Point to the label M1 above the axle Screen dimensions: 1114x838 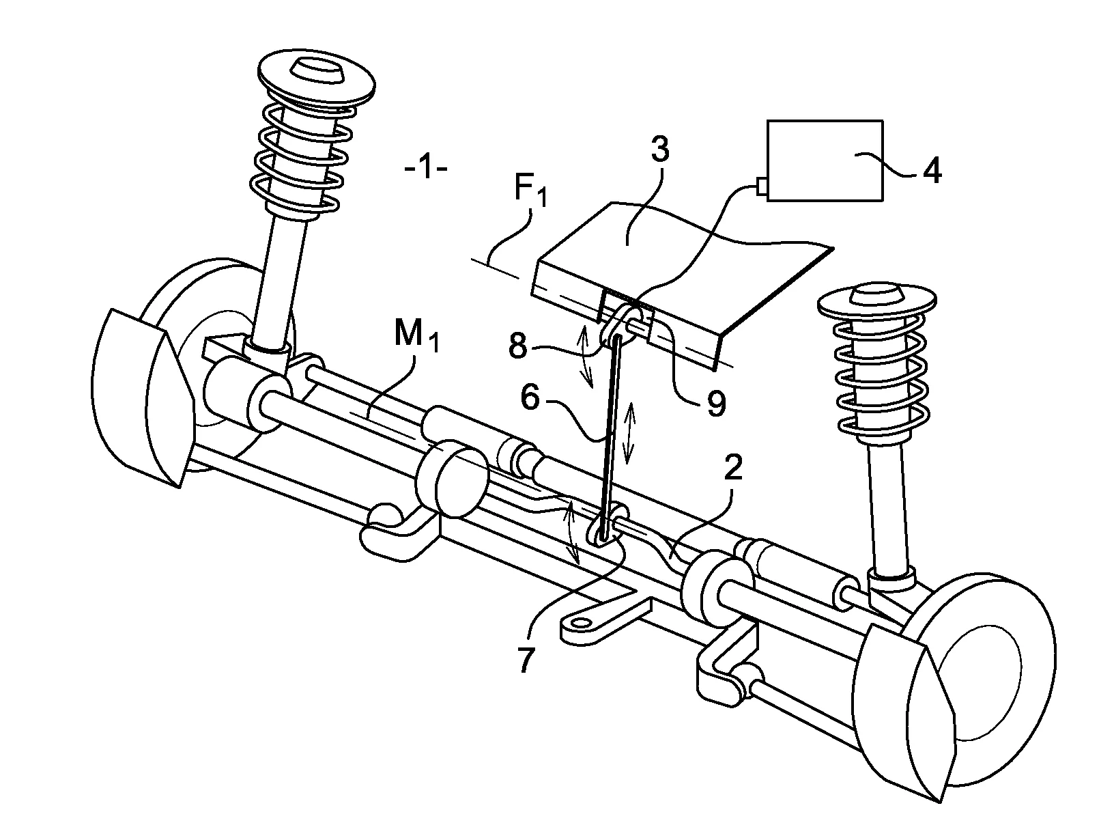click(416, 337)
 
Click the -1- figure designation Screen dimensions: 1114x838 click(426, 167)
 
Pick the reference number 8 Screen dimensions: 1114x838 click(519, 347)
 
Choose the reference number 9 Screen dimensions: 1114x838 click(716, 404)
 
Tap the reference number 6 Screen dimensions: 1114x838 click(530, 398)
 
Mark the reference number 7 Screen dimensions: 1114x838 click(526, 659)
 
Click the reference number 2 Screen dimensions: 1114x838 click(733, 468)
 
